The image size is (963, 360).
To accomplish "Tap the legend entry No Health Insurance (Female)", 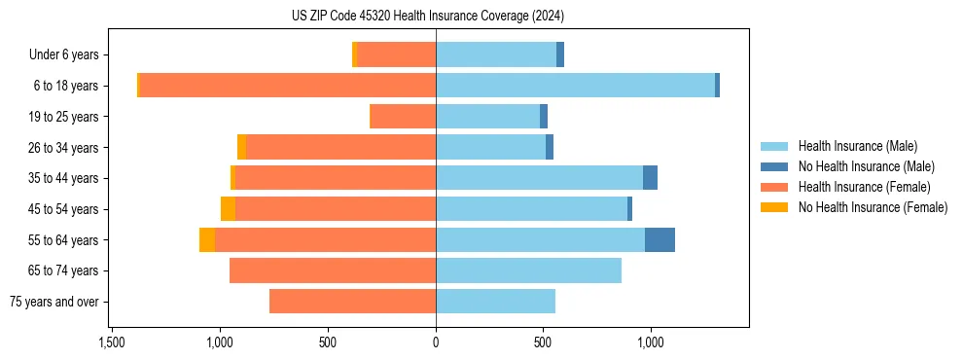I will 873,207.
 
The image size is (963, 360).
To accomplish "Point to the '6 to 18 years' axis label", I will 66,86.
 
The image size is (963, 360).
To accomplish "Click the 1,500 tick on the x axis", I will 112,342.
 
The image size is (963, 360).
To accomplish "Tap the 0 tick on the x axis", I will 436,342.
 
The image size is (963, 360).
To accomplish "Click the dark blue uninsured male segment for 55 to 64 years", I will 660,240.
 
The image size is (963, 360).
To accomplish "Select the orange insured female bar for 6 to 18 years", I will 287,86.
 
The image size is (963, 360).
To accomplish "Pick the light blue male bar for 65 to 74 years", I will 528,270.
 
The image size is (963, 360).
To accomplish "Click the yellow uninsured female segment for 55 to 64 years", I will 207,240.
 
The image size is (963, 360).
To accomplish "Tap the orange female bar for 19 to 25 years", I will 403,117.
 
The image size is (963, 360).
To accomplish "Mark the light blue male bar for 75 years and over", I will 495,302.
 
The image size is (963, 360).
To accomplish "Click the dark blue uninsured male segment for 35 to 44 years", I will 650,178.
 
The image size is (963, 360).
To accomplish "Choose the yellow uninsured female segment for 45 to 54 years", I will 228,209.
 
